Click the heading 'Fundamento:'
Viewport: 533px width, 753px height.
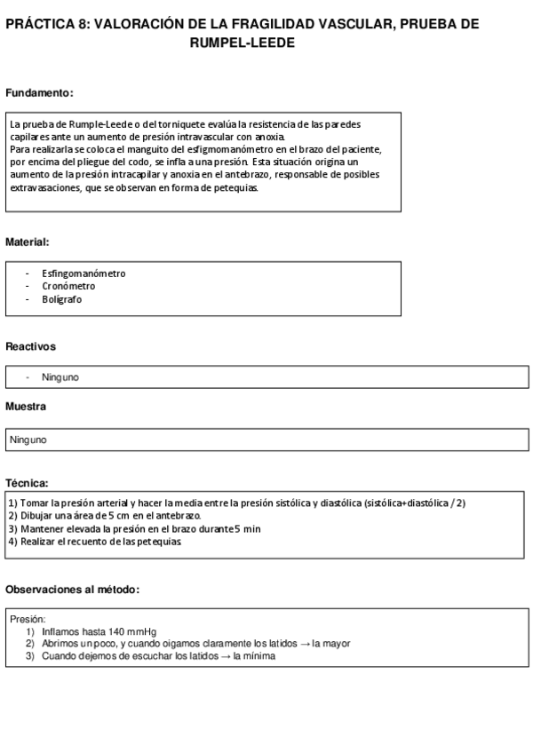tap(39, 93)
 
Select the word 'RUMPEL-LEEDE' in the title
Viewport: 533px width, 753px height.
tap(243, 43)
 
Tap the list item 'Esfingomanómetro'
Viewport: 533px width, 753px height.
tap(84, 273)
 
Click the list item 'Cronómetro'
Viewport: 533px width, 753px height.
tap(68, 286)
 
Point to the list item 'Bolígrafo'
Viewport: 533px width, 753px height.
tap(62, 299)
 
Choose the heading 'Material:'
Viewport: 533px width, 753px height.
tap(28, 242)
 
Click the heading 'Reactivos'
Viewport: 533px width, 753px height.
tap(30, 346)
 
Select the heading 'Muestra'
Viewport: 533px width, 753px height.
tap(26, 406)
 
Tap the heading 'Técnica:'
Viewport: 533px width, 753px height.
tap(27, 483)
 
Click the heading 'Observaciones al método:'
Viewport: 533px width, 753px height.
tap(73, 590)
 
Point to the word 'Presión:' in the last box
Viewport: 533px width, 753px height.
tap(28, 619)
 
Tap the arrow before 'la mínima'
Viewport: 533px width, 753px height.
tap(225, 656)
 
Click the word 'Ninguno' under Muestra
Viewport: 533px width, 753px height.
tap(28, 440)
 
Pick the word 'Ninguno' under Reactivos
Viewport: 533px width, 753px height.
tap(60, 377)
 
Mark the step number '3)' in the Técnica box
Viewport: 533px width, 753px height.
tap(12, 528)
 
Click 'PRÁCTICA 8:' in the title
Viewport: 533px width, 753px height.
tap(47, 25)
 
